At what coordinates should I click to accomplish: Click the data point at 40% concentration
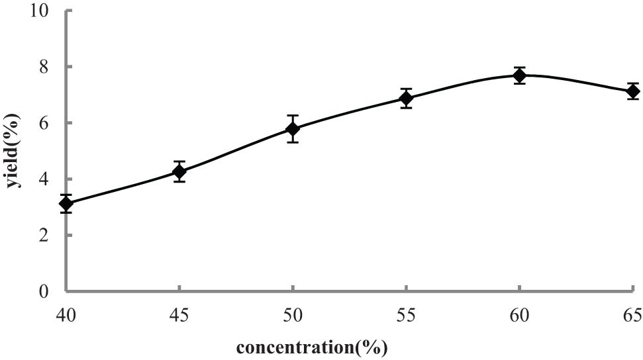click(x=66, y=204)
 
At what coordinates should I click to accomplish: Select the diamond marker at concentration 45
click(x=179, y=172)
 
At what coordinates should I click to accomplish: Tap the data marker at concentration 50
click(x=293, y=128)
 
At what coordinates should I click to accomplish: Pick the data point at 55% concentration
click(x=406, y=99)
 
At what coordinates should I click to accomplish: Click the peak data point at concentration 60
click(x=520, y=75)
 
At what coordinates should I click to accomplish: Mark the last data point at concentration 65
click(x=633, y=91)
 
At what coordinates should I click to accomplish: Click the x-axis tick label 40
click(x=66, y=316)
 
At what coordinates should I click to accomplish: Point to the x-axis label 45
click(x=179, y=316)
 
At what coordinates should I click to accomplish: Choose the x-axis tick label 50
click(x=293, y=316)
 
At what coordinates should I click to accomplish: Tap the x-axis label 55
click(x=406, y=316)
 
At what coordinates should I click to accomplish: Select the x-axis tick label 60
click(x=520, y=316)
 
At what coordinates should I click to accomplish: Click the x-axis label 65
click(x=632, y=316)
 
